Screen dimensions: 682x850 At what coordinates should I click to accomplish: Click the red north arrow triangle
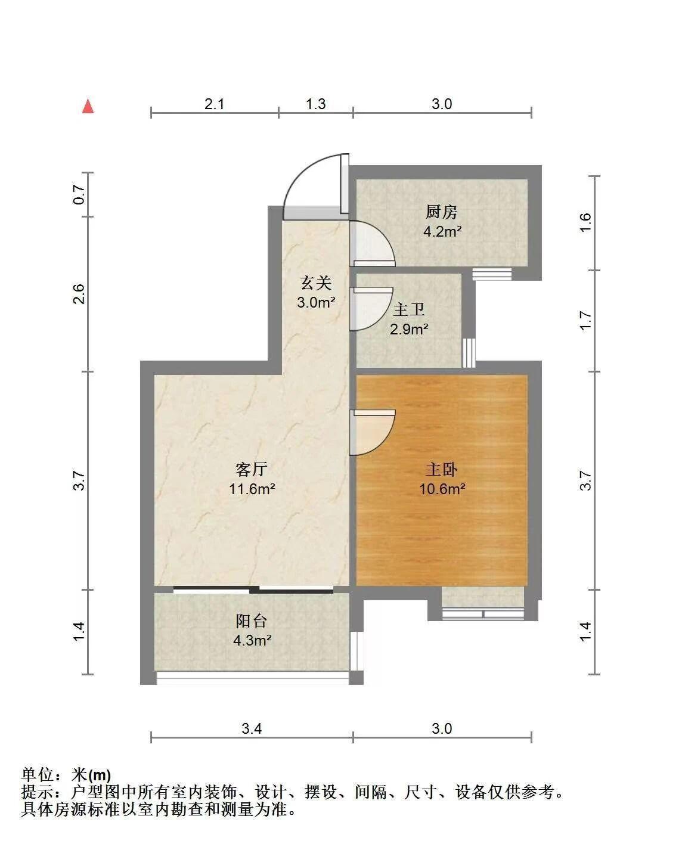click(88, 106)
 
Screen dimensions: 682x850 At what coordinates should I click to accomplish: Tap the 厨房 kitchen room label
click(441, 212)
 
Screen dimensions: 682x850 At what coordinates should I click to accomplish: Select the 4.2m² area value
click(442, 231)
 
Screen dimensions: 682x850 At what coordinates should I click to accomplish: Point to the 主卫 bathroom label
click(408, 309)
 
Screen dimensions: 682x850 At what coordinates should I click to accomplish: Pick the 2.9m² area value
click(409, 328)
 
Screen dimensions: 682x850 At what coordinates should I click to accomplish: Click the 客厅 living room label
click(252, 469)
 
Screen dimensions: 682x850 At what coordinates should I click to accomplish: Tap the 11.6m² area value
click(252, 489)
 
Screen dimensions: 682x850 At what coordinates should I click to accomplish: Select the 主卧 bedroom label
click(441, 469)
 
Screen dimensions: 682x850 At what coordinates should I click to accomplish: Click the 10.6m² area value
click(442, 489)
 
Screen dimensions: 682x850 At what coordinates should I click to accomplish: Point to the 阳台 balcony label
click(252, 621)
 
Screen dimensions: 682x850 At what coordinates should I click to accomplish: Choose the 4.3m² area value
click(252, 640)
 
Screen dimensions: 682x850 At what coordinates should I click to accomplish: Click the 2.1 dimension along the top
click(214, 104)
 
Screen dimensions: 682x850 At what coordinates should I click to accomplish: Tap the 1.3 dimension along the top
click(315, 104)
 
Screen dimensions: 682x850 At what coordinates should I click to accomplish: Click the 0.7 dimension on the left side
click(79, 194)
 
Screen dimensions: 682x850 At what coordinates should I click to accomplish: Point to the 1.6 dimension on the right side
click(585, 222)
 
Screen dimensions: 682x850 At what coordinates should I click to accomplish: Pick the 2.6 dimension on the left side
click(79, 294)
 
